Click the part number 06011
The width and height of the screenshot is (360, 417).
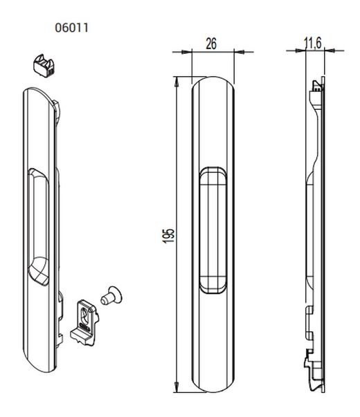(72, 28)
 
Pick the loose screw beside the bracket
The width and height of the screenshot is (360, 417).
(111, 295)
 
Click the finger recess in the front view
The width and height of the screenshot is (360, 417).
(213, 228)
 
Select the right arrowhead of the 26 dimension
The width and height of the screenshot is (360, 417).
(238, 50)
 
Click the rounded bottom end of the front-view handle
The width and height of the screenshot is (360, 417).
(213, 384)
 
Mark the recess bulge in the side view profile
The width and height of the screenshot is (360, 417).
(308, 228)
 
